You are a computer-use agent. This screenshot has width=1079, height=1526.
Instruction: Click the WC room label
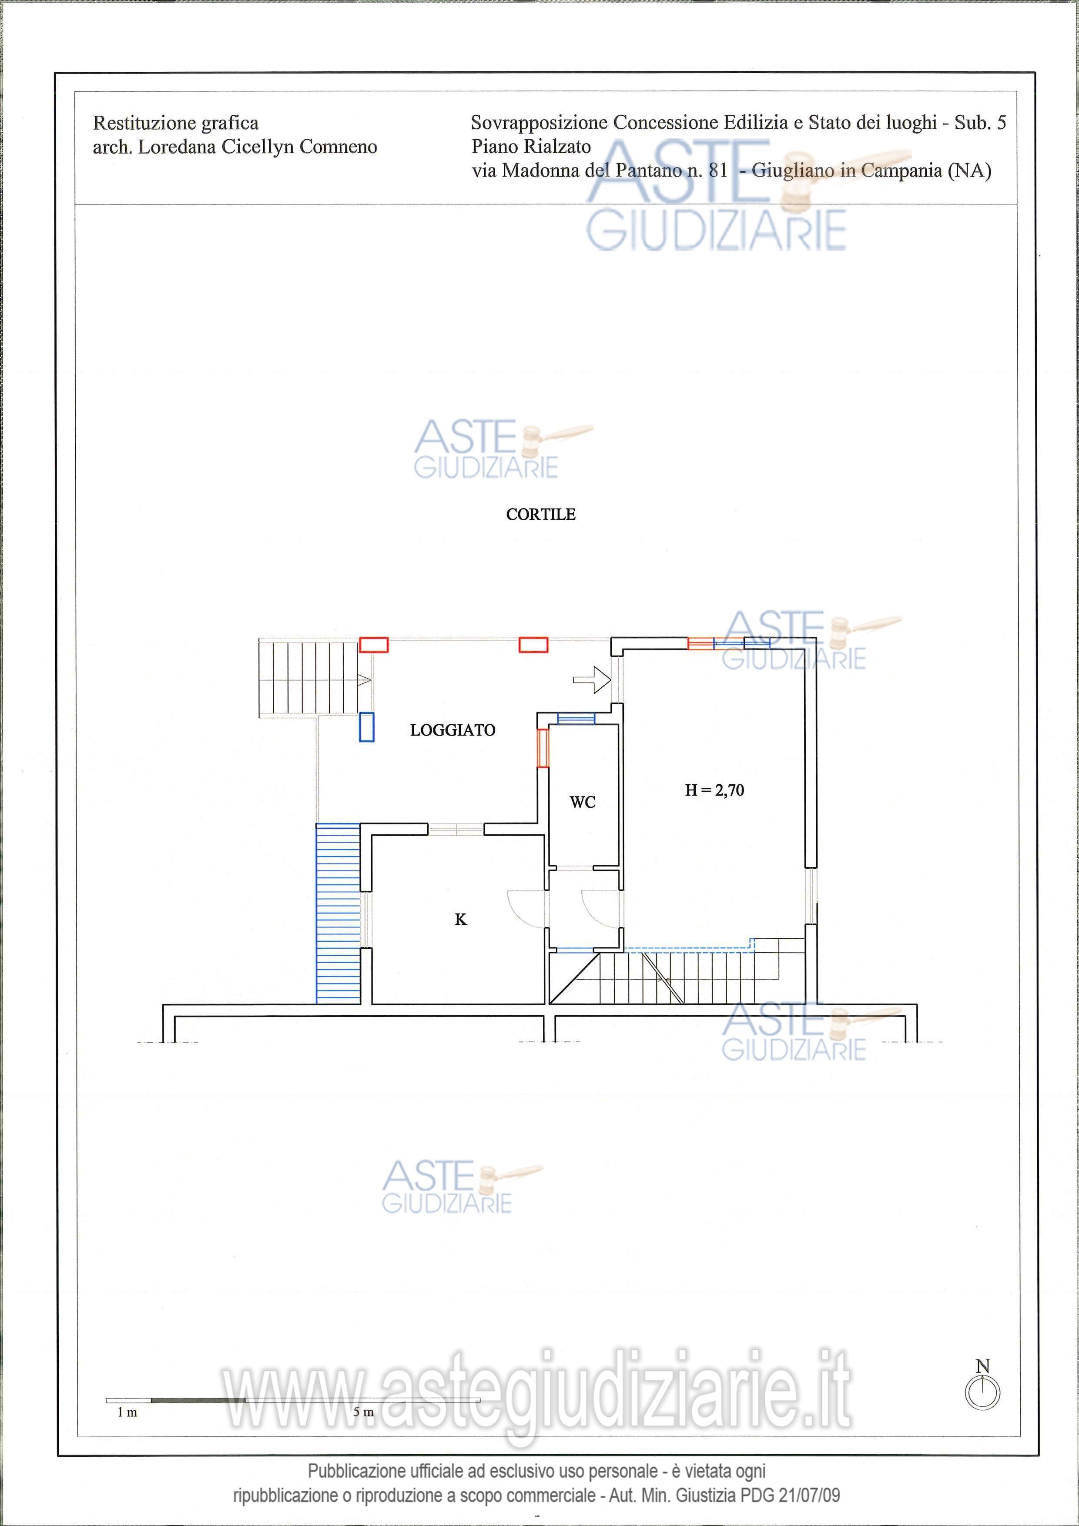[583, 802]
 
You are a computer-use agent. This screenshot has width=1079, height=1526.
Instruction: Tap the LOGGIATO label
[453, 730]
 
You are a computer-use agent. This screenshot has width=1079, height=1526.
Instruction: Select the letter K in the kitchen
[461, 919]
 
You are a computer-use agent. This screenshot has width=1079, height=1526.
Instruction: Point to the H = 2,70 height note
[715, 790]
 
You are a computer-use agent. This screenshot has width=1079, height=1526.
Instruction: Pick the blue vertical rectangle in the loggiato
[366, 726]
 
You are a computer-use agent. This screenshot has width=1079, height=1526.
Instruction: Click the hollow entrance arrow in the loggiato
[592, 679]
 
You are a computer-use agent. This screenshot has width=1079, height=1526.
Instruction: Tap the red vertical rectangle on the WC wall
[543, 748]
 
